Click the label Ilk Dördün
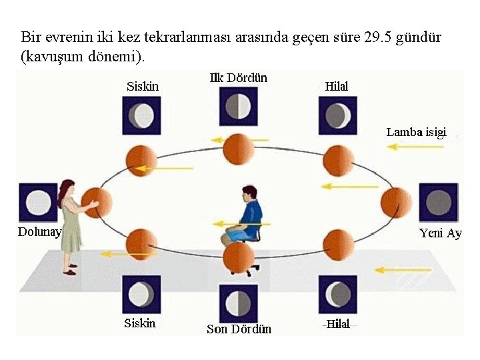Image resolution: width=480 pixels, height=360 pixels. point(238,78)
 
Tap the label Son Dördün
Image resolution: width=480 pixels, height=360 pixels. point(239,329)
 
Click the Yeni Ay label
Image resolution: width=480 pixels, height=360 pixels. point(440,233)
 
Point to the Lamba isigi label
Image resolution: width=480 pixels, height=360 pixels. point(416,132)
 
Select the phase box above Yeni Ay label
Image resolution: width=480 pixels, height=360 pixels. point(438,202)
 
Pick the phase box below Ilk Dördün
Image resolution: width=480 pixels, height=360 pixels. point(238,106)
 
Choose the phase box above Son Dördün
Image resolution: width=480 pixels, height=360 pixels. point(238,304)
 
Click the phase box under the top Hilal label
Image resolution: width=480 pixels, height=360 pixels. point(337,115)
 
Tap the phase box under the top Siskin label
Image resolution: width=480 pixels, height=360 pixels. point(141,115)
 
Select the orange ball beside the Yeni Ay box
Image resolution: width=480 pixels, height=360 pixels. point(397,203)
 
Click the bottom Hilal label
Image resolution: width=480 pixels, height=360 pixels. point(339,324)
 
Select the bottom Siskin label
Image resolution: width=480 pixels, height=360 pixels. point(140,323)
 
